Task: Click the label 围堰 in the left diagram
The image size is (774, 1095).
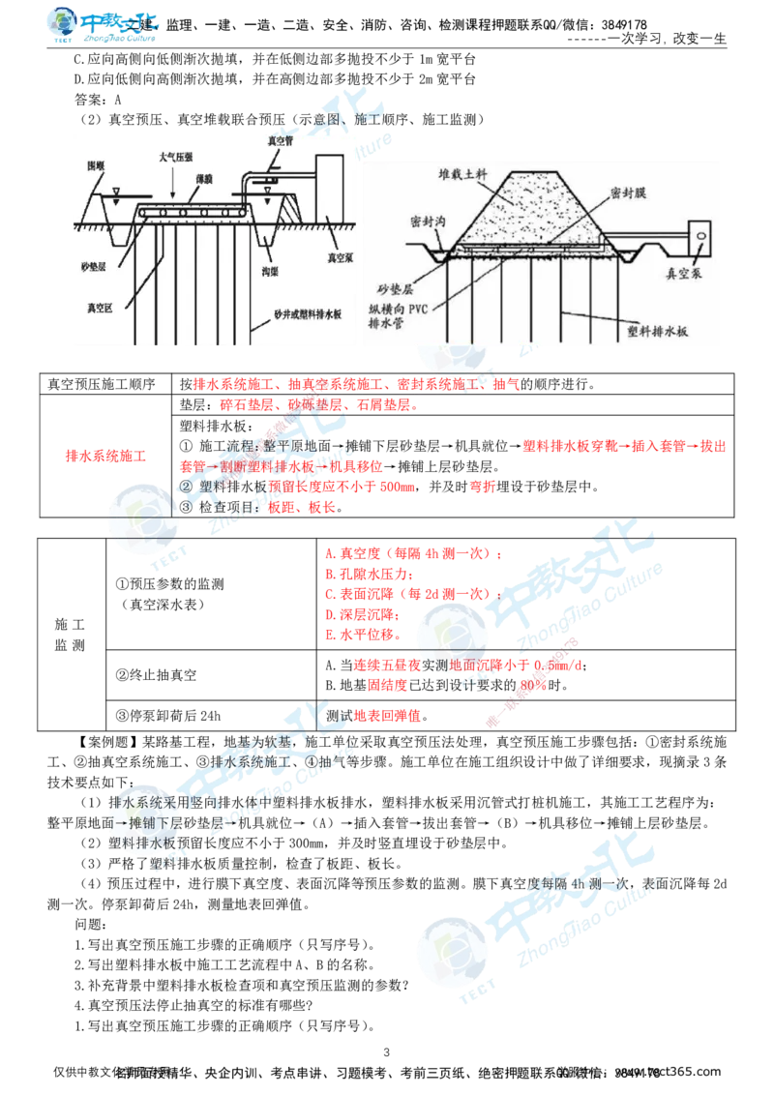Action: tap(96, 167)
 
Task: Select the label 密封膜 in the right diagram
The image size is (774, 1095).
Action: tap(628, 194)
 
